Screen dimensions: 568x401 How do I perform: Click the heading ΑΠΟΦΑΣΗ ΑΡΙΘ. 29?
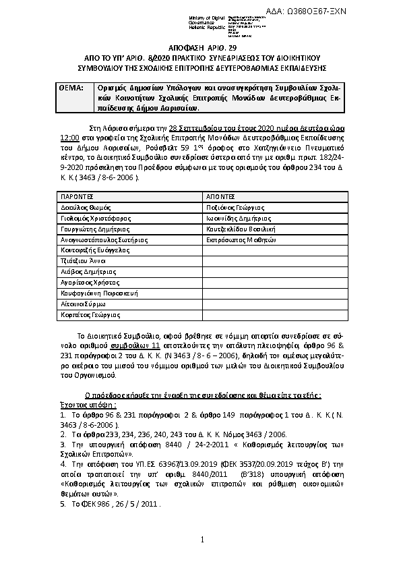[200, 51]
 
